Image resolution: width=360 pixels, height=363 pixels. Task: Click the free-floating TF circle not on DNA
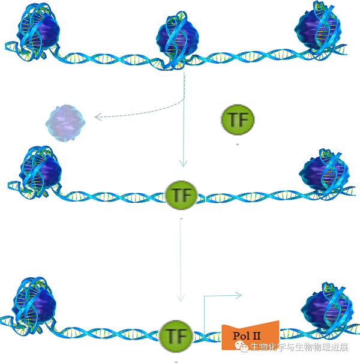point(238,119)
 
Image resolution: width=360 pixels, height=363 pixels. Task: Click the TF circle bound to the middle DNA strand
point(181,195)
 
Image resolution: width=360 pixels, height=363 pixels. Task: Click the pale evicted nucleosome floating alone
point(66,122)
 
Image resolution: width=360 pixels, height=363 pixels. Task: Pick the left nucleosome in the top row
point(37,31)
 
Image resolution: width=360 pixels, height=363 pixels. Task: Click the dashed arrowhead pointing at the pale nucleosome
point(96,116)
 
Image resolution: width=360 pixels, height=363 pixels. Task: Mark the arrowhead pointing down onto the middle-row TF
point(184,164)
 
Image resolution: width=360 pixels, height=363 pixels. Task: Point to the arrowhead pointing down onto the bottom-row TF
point(180,299)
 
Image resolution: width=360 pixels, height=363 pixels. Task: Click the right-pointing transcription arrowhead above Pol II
point(238,295)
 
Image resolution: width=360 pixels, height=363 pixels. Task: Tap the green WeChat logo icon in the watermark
point(243,347)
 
